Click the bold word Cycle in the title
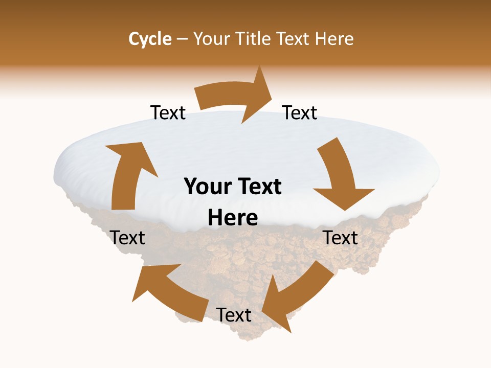click(x=150, y=39)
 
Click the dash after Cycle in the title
click(x=182, y=39)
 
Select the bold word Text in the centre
click(x=259, y=187)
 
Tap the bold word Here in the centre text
click(x=233, y=218)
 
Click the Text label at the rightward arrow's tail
click(x=168, y=113)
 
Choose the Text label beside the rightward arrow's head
click(x=300, y=113)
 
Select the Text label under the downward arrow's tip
click(x=341, y=238)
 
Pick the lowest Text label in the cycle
click(x=234, y=315)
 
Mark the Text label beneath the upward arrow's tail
click(x=128, y=238)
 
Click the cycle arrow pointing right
click(x=235, y=96)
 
